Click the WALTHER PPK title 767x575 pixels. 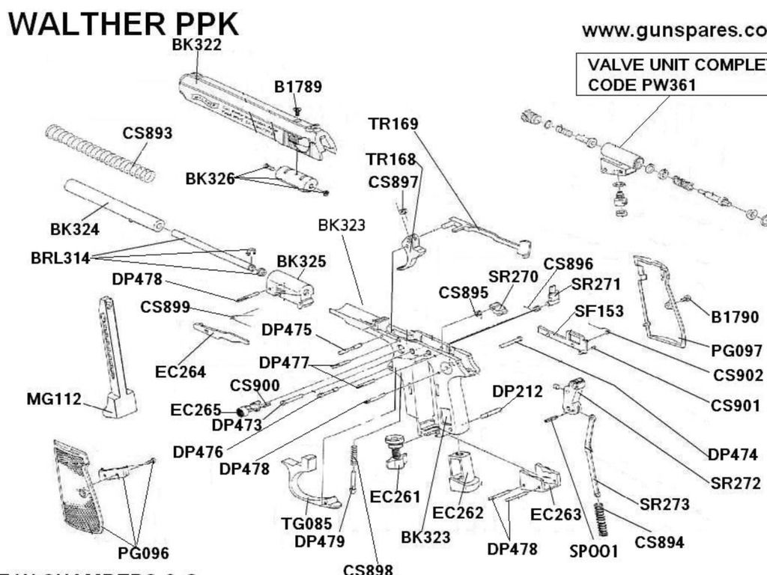(124, 24)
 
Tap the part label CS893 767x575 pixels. (148, 133)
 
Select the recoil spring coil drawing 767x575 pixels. (100, 153)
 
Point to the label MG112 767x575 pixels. (54, 399)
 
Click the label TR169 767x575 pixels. (392, 124)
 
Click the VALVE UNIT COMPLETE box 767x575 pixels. (671, 75)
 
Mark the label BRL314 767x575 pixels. (60, 258)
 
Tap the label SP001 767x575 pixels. (593, 552)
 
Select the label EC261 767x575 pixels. (395, 496)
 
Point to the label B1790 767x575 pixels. (735, 317)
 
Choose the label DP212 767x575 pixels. (518, 391)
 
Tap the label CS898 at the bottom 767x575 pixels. (368, 569)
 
